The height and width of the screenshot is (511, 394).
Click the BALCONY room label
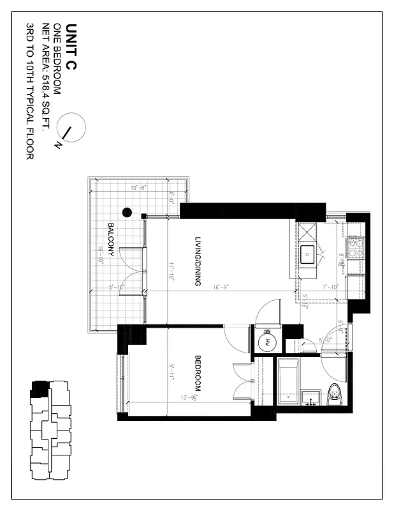pos(111,240)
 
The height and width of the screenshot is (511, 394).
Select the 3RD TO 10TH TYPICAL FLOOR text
pos(30,92)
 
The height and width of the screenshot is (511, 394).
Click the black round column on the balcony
pos(127,212)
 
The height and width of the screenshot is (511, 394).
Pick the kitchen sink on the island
pos(309,255)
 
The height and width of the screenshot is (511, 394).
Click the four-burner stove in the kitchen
pos(355,248)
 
